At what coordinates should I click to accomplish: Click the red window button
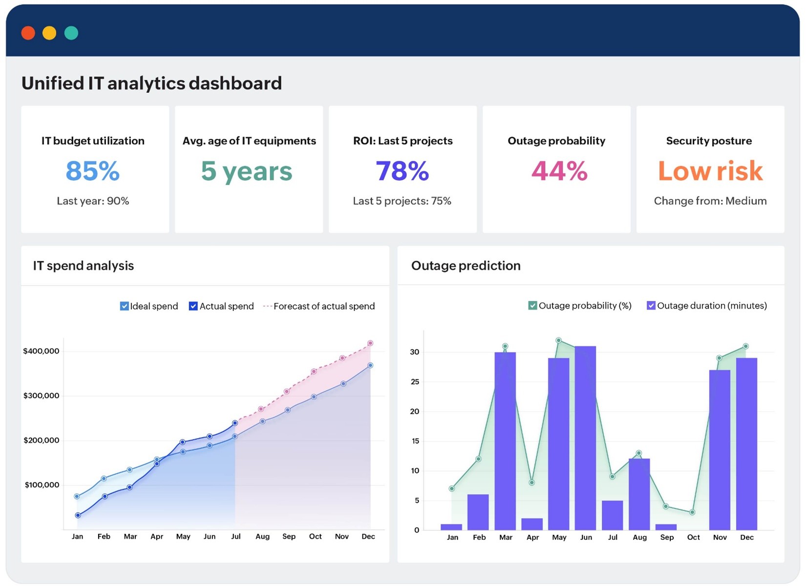pyautogui.click(x=28, y=33)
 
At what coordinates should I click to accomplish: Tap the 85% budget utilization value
pyautogui.click(x=93, y=171)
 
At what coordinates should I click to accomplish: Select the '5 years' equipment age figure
pyautogui.click(x=247, y=171)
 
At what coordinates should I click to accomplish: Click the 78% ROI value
pyautogui.click(x=402, y=171)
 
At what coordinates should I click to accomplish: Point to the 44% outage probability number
pyautogui.click(x=559, y=171)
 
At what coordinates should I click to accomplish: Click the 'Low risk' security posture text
pyautogui.click(x=710, y=171)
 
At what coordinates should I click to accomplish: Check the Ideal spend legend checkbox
pyautogui.click(x=124, y=306)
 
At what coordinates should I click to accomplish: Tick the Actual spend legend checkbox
pyautogui.click(x=193, y=306)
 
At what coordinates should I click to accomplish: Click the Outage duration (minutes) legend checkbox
pyautogui.click(x=651, y=306)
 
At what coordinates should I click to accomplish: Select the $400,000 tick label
pyautogui.click(x=41, y=351)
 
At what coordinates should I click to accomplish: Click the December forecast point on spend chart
pyautogui.click(x=370, y=343)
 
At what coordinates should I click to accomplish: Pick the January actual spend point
pyautogui.click(x=78, y=515)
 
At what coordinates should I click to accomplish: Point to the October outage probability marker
pyautogui.click(x=692, y=512)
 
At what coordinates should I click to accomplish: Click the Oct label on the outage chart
pyautogui.click(x=693, y=537)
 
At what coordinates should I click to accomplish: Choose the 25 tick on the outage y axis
pyautogui.click(x=415, y=382)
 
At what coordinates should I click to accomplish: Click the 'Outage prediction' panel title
pyautogui.click(x=466, y=266)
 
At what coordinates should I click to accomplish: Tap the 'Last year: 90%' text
pyautogui.click(x=93, y=201)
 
